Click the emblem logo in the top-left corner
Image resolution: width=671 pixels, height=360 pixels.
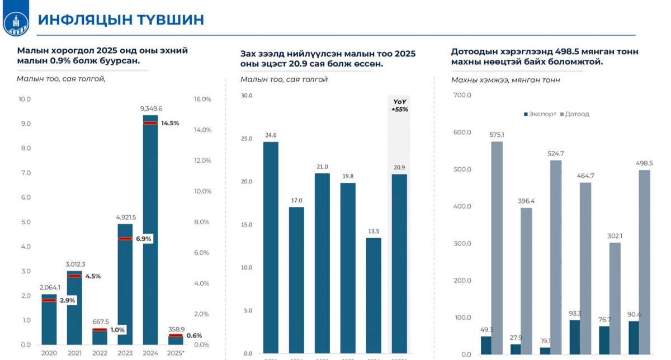[x=16, y=21]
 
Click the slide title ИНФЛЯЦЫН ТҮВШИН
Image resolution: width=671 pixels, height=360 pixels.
[x=120, y=20]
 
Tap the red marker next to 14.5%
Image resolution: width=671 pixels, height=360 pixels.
[x=150, y=123]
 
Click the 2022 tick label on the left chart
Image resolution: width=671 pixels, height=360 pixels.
[x=100, y=353]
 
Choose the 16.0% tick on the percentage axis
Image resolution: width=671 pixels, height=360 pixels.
[x=201, y=100]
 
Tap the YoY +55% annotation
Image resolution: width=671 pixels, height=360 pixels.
[x=399, y=106]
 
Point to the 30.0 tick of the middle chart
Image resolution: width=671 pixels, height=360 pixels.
[x=246, y=96]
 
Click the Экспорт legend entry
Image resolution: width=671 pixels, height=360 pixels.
[x=540, y=114]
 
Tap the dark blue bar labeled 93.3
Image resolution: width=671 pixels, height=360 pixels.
[x=574, y=337]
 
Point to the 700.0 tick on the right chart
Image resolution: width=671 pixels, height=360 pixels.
[x=462, y=96]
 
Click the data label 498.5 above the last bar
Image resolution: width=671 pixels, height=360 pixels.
[x=644, y=163]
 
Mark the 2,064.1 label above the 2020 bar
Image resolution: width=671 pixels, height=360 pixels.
[x=50, y=287]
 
